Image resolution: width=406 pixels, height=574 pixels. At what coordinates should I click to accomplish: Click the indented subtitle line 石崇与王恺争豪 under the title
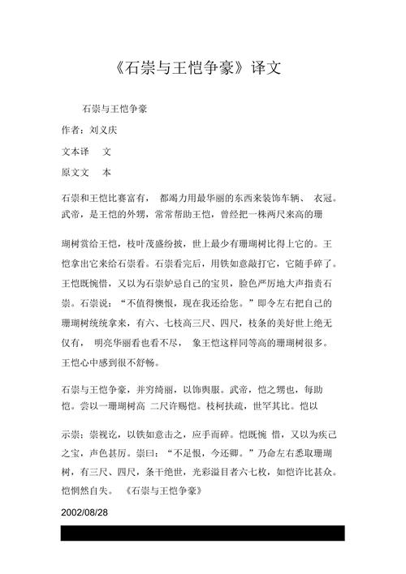[114, 108]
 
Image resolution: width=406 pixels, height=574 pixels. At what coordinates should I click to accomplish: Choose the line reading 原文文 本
[86, 173]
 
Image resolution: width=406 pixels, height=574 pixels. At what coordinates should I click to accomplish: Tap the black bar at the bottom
[203, 533]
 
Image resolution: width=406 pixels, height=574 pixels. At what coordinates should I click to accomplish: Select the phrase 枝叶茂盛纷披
[158, 242]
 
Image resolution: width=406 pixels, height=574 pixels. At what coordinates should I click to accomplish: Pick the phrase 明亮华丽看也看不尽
[137, 343]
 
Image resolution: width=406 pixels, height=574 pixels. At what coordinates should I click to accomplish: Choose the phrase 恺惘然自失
[86, 491]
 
